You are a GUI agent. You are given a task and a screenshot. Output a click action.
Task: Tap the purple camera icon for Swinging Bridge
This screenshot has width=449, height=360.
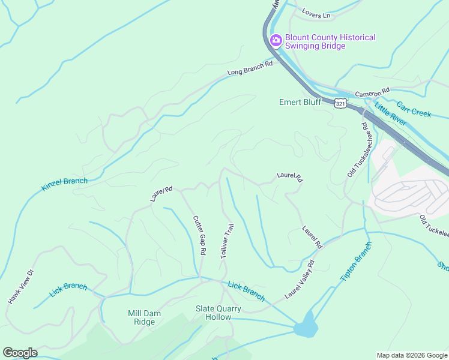pyautogui.click(x=276, y=41)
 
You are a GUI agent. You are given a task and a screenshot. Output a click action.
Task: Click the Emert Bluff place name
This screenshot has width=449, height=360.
pyautogui.click(x=300, y=102)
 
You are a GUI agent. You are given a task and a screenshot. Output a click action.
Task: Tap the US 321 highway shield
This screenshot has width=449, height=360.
pyautogui.click(x=341, y=103)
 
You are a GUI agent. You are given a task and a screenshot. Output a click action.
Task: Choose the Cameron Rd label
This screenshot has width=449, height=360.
pyautogui.click(x=372, y=92)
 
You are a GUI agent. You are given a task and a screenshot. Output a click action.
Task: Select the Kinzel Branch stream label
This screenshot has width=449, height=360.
pyautogui.click(x=64, y=184)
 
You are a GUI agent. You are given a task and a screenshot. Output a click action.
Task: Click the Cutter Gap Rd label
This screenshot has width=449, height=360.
pyautogui.click(x=200, y=235)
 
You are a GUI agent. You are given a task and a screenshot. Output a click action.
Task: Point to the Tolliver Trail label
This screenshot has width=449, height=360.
pyautogui.click(x=226, y=241)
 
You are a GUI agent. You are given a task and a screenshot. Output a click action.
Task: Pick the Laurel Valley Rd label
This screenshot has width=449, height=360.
pyautogui.click(x=300, y=280)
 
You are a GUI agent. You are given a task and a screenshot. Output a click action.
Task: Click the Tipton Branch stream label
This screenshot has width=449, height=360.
pyautogui.click(x=356, y=262)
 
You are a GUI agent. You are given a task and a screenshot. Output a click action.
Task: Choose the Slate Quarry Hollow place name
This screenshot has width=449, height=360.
pyautogui.click(x=218, y=313)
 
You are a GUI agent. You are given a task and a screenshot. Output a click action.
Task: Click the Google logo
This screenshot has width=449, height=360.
pyautogui.click(x=19, y=353)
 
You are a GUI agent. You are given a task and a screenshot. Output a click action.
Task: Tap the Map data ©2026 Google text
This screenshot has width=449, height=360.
pyautogui.click(x=411, y=355)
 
